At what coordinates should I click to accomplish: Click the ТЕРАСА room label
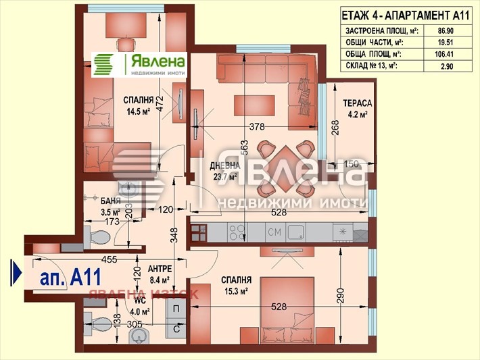[x=357, y=103]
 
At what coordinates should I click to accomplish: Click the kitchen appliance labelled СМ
[x=274, y=233]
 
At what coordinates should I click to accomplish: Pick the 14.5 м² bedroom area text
[x=137, y=113]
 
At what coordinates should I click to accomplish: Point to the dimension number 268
[x=335, y=128]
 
